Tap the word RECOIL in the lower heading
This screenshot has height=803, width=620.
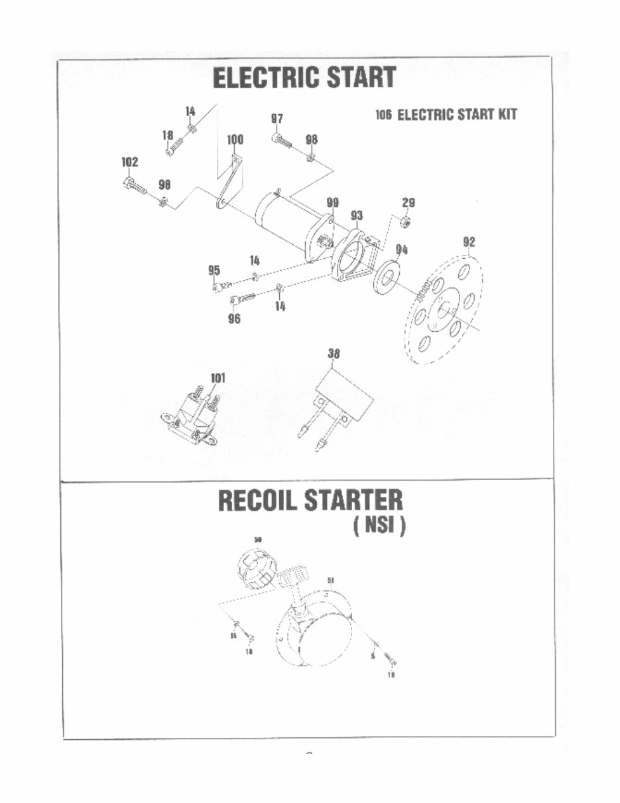[258, 501]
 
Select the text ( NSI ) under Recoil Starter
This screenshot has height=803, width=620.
[379, 526]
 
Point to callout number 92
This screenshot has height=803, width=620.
[469, 242]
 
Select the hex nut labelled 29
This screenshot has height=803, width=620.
[408, 222]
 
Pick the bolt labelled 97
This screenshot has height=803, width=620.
[281, 141]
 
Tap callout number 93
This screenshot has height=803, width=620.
[357, 216]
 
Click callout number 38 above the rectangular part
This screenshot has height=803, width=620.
[334, 354]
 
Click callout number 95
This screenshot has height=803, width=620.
[214, 270]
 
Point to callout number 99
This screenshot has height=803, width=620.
[332, 202]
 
